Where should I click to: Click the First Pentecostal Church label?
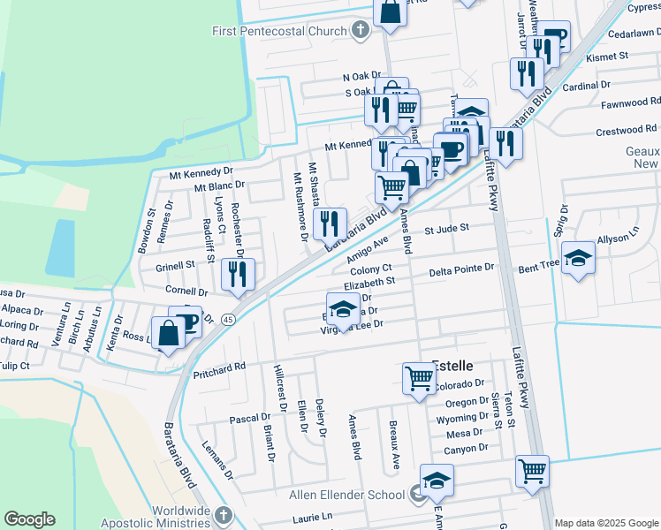(x=280, y=32)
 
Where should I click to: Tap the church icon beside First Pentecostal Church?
(x=360, y=32)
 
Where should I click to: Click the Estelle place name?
(x=452, y=365)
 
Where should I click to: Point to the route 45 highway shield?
(x=228, y=318)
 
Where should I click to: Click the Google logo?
(x=31, y=519)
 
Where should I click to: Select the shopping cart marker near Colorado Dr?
(x=419, y=378)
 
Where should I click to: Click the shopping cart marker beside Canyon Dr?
(x=533, y=471)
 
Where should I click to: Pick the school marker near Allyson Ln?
(x=579, y=257)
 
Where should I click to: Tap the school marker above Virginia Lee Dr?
(x=343, y=309)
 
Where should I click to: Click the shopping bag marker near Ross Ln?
(x=167, y=333)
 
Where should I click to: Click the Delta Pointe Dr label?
(x=461, y=271)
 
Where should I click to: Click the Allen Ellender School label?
(x=348, y=494)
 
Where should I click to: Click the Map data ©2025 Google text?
(x=605, y=522)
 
